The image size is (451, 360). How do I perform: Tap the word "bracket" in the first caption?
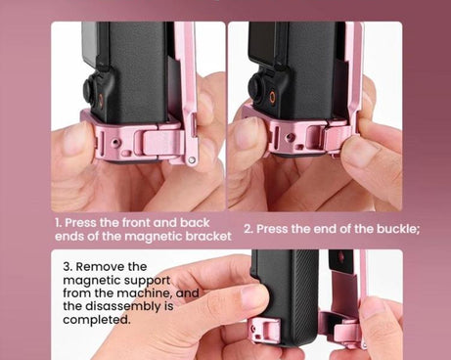207,236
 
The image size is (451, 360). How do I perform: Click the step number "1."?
59,222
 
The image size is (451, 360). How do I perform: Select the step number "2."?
248,229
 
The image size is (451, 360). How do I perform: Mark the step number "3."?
68,266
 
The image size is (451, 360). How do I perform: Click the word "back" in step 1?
195,222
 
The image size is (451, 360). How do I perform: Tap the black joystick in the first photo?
90,91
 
